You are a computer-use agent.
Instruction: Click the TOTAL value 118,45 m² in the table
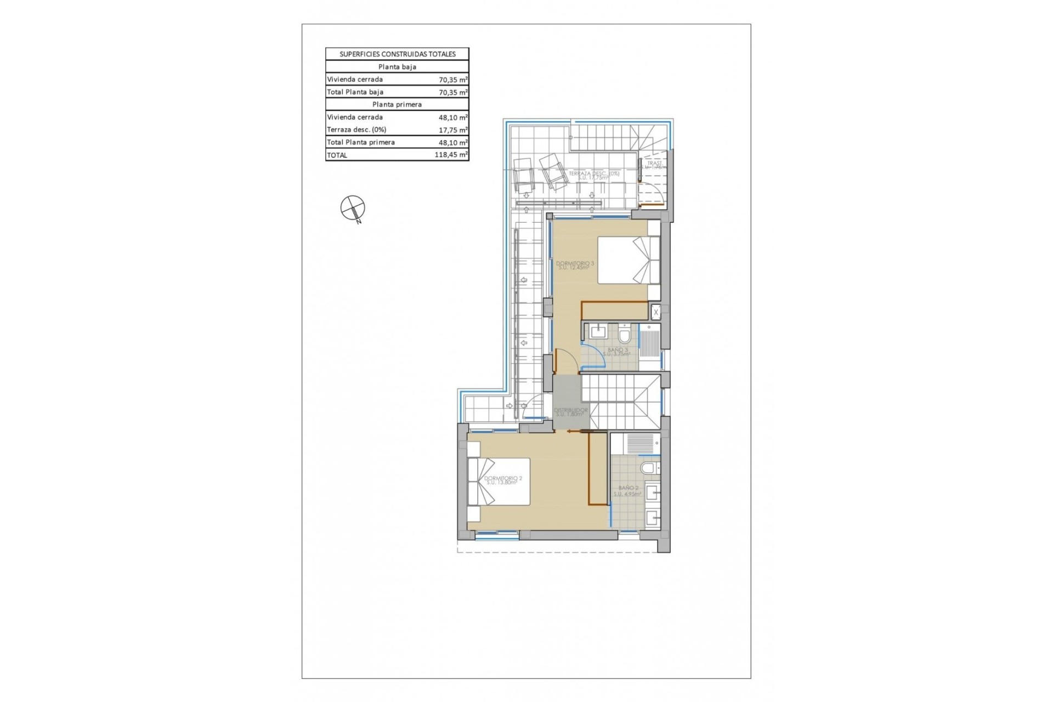click(451, 155)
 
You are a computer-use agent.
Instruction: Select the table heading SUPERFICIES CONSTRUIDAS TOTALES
click(397, 54)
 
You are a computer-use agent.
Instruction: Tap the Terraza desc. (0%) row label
click(356, 130)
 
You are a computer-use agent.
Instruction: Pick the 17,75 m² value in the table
click(453, 130)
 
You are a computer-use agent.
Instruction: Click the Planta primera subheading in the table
click(397, 105)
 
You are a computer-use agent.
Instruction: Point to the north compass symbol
click(353, 208)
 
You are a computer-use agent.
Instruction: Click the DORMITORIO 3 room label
click(575, 264)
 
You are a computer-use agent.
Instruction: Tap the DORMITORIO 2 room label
click(503, 479)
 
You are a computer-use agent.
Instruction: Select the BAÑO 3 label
click(618, 350)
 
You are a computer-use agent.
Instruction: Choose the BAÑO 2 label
click(628, 488)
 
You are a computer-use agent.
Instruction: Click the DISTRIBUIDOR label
click(570, 410)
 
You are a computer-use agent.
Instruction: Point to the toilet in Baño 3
click(625, 333)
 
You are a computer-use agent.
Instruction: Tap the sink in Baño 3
click(597, 332)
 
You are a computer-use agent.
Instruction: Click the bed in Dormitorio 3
click(628, 260)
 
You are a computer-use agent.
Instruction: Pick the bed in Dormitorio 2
click(499, 482)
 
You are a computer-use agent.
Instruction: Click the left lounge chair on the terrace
click(524, 173)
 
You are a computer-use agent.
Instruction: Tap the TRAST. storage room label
click(654, 163)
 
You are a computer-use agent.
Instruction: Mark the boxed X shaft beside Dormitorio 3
click(656, 313)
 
